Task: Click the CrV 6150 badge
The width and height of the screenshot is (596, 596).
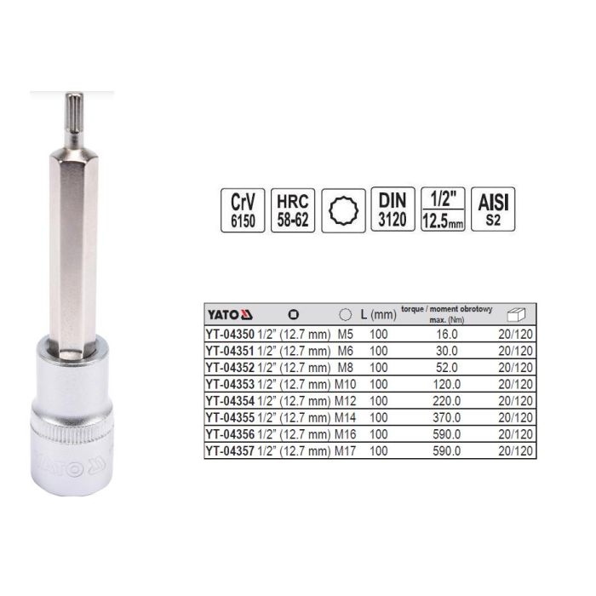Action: (243, 210)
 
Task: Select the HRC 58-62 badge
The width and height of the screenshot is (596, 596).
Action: (293, 210)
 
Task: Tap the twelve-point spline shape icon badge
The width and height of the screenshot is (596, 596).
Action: (343, 210)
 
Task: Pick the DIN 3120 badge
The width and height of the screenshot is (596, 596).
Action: (393, 209)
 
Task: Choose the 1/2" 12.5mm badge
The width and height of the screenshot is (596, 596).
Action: (443, 209)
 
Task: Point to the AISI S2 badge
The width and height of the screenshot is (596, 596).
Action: (493, 209)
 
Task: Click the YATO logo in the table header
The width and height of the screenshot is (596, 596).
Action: (230, 315)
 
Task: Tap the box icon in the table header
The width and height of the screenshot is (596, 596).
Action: (516, 315)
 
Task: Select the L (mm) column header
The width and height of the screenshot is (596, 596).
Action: (378, 314)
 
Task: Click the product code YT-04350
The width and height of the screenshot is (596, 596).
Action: (230, 334)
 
